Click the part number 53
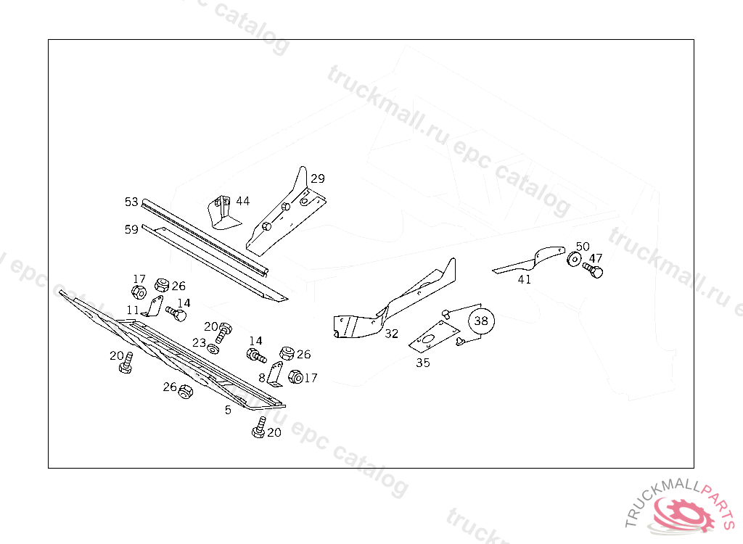(x=131, y=201)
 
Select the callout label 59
(x=131, y=230)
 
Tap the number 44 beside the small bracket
(x=242, y=201)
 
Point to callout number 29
(x=318, y=178)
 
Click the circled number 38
(x=481, y=320)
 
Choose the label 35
(x=422, y=363)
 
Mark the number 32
(x=392, y=334)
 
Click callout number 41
(x=524, y=279)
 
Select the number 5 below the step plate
(x=228, y=410)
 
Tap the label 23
(x=199, y=343)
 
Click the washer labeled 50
(x=573, y=260)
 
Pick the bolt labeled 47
(x=593, y=271)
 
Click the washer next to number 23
(x=213, y=348)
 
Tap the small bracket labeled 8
(x=274, y=373)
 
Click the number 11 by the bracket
(x=132, y=310)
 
